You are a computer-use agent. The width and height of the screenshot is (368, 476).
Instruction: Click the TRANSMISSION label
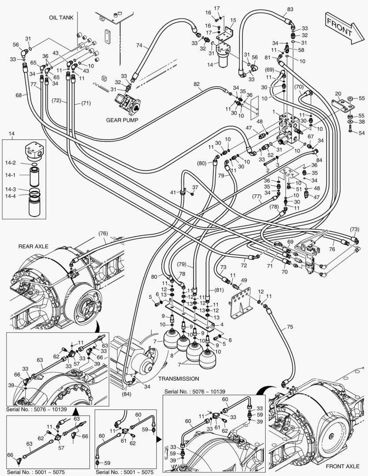pos(178,378)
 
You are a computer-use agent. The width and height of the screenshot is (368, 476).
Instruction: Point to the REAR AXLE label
pos(33,246)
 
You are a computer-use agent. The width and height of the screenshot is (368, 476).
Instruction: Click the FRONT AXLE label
pos(342,466)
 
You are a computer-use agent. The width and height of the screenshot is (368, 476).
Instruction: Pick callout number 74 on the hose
pos(140,45)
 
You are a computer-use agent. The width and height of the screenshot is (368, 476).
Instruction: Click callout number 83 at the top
pos(290,9)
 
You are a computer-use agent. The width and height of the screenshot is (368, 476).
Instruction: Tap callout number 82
pos(197,84)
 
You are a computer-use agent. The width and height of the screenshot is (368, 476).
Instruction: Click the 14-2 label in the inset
pos(11,163)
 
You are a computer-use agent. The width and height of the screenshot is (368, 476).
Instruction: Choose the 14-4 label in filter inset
pos(11,196)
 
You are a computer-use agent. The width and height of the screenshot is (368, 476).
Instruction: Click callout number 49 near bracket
pos(244,280)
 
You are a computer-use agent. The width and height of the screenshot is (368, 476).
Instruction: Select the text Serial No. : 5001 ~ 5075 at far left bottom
pos(35,472)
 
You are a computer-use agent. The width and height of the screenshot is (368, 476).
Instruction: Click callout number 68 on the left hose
pos(18,95)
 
